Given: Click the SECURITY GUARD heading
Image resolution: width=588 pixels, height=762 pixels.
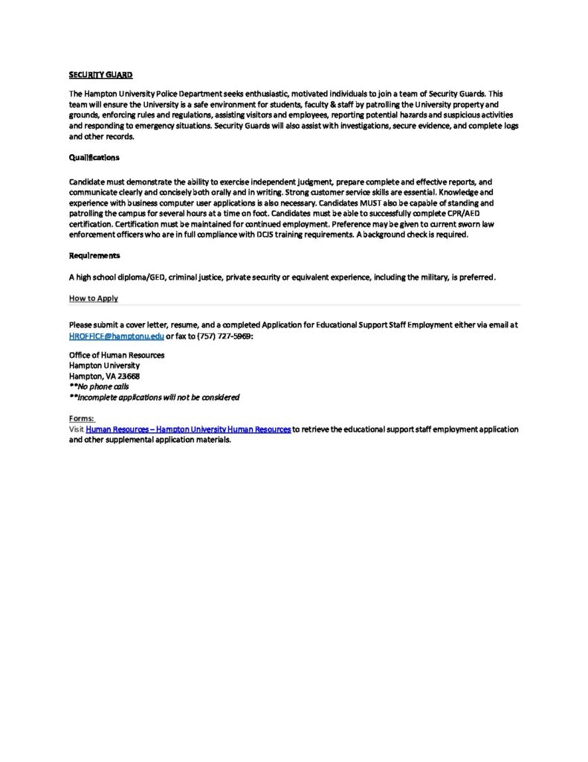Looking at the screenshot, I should point(100,75).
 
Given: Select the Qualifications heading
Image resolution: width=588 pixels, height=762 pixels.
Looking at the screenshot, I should point(94,158).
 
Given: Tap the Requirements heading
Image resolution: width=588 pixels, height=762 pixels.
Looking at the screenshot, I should point(94,255).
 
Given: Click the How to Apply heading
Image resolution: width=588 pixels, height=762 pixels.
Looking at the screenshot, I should point(94,298).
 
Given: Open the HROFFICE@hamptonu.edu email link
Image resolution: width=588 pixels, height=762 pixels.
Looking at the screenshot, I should point(116,336).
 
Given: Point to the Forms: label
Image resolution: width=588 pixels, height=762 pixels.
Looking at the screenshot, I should point(82,419).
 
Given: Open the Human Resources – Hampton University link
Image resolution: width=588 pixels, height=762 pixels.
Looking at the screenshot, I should point(188,429).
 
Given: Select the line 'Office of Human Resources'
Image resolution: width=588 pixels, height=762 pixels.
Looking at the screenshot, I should point(117,355).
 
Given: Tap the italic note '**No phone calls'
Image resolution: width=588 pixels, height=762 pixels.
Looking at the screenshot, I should point(99,387).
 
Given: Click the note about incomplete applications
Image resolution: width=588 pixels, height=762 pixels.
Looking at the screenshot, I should point(154,397).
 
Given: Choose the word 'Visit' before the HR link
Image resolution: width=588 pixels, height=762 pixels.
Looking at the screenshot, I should point(77,429).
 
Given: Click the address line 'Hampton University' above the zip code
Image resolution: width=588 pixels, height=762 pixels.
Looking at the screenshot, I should point(104,365).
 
